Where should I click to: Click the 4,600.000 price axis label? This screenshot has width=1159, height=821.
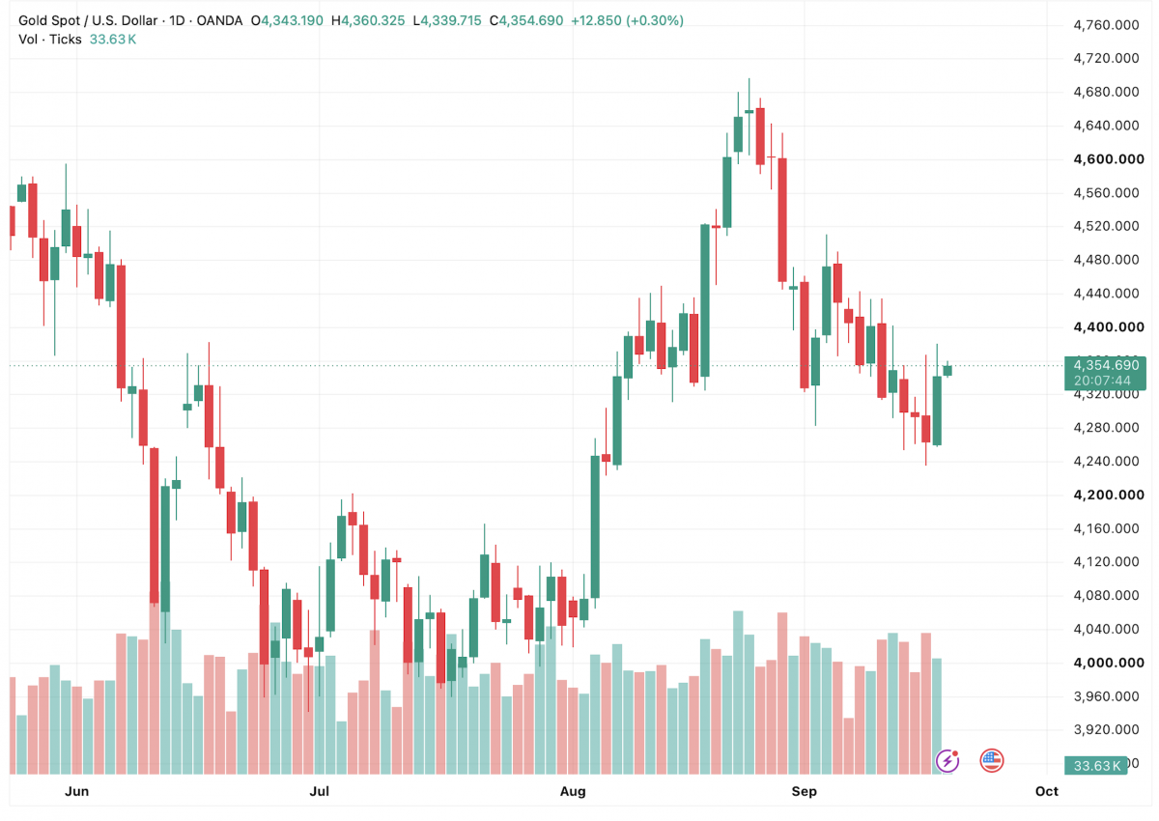click(x=1109, y=158)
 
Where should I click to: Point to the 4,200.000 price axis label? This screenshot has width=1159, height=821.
click(x=1109, y=495)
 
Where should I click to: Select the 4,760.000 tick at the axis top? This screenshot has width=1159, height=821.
click(x=1106, y=25)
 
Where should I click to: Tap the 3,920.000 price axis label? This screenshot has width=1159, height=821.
click(x=1106, y=729)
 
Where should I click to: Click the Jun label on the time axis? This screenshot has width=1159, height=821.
click(x=76, y=791)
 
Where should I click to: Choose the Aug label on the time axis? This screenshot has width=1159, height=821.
click(x=573, y=791)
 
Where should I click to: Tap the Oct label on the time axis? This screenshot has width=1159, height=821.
click(x=1046, y=791)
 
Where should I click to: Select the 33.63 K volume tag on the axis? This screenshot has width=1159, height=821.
click(x=1096, y=765)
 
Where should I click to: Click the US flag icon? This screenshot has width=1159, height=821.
click(x=991, y=760)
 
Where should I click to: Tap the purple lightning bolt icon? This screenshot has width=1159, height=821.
click(x=947, y=760)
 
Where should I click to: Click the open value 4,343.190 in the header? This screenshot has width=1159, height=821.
click(x=292, y=20)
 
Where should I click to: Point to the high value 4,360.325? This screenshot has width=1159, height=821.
click(x=373, y=20)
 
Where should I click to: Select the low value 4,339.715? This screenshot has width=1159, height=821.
click(x=450, y=20)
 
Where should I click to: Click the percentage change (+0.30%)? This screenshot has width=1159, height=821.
click(x=655, y=20)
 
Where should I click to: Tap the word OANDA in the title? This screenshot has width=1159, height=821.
click(x=219, y=20)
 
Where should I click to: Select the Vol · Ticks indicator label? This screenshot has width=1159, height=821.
click(x=49, y=40)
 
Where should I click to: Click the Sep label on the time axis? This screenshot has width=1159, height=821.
click(x=804, y=791)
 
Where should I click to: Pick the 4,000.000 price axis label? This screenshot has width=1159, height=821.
click(x=1109, y=663)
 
